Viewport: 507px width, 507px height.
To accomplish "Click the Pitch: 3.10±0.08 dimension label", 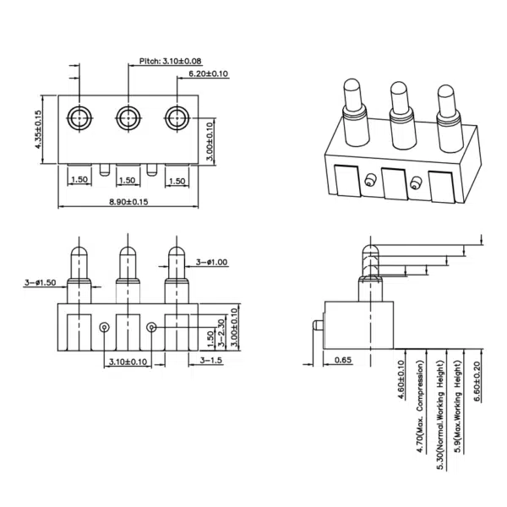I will (x=171, y=62).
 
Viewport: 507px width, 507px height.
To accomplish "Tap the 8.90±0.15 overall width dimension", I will (x=128, y=202).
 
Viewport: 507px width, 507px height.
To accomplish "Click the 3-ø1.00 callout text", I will (x=211, y=262).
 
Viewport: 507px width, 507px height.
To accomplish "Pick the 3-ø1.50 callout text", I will (x=41, y=283).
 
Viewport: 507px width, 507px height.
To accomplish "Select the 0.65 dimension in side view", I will (x=343, y=361).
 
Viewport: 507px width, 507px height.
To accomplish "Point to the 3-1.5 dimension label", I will (x=211, y=361).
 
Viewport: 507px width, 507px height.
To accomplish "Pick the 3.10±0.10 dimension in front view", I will (x=128, y=362).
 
